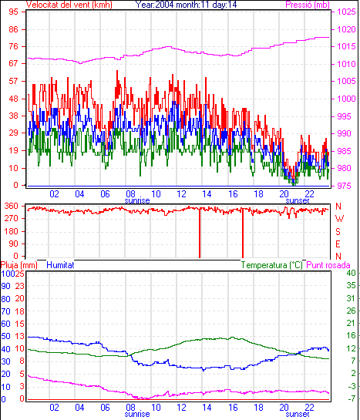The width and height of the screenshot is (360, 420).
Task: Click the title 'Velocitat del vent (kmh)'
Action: (x=69, y=5)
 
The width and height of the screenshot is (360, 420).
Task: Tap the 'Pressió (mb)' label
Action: (x=308, y=5)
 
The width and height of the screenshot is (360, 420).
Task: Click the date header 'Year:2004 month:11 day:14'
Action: (x=186, y=5)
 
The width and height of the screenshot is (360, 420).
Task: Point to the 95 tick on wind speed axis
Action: (x=13, y=12)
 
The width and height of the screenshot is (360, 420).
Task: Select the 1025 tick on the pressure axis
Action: (x=346, y=12)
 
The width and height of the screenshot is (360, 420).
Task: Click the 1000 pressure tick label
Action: (x=346, y=99)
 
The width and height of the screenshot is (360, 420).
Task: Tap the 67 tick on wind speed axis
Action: (x=13, y=64)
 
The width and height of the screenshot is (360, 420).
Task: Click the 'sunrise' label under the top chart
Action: (x=137, y=200)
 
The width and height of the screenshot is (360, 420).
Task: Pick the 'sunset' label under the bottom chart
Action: (x=298, y=414)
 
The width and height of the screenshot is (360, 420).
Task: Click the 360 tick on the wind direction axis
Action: (x=12, y=207)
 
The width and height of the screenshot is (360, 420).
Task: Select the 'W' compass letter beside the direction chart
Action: (x=339, y=219)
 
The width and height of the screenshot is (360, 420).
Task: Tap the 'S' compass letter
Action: (x=338, y=231)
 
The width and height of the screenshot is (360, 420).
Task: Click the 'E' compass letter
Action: (x=338, y=244)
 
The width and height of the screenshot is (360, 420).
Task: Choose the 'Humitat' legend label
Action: (x=60, y=265)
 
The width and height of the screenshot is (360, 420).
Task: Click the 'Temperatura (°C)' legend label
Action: (x=271, y=265)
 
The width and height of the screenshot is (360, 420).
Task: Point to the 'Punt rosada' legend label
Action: (x=328, y=265)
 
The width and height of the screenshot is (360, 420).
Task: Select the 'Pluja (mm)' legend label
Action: (x=19, y=265)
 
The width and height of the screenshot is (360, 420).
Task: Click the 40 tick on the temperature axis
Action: (x=351, y=274)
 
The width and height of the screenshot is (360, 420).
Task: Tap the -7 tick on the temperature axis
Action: (x=352, y=398)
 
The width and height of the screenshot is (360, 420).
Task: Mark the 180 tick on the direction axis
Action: (x=12, y=231)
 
